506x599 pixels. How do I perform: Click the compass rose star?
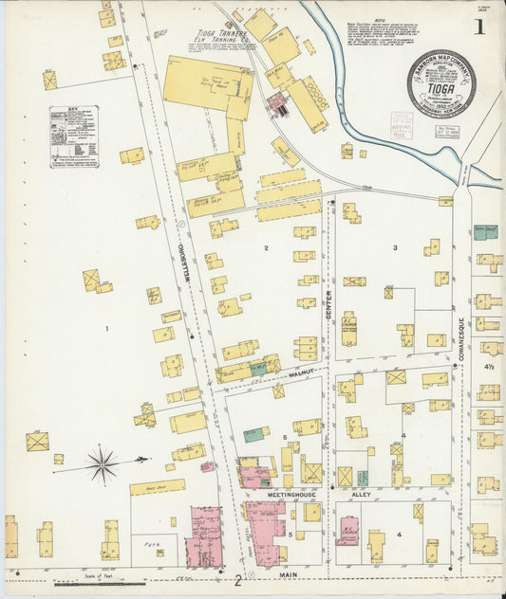[x=103, y=464]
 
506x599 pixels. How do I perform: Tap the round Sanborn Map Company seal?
[x=440, y=83]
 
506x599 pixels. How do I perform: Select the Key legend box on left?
[x=74, y=136]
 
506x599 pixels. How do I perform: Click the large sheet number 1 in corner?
[x=479, y=27]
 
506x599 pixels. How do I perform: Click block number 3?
[x=395, y=247]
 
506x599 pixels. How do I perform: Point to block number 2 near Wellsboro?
[x=267, y=248]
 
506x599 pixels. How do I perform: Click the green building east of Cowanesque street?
[x=485, y=232]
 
